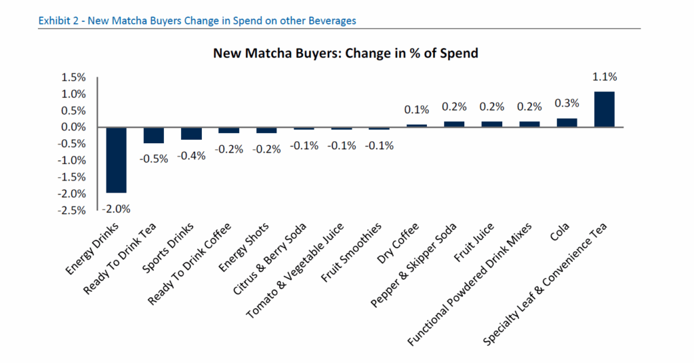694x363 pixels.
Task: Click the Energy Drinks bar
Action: [116, 159]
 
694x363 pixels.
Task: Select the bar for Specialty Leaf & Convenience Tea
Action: [604, 109]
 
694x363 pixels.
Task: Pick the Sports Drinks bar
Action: [190, 133]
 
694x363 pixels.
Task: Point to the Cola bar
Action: [567, 123]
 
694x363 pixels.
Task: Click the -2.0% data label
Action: [116, 208]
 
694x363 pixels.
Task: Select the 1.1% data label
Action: [604, 77]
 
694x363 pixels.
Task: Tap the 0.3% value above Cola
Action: [567, 103]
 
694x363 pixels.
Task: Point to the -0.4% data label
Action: [190, 155]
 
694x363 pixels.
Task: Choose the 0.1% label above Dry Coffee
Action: [416, 109]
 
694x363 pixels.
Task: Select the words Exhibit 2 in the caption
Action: [59, 20]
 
